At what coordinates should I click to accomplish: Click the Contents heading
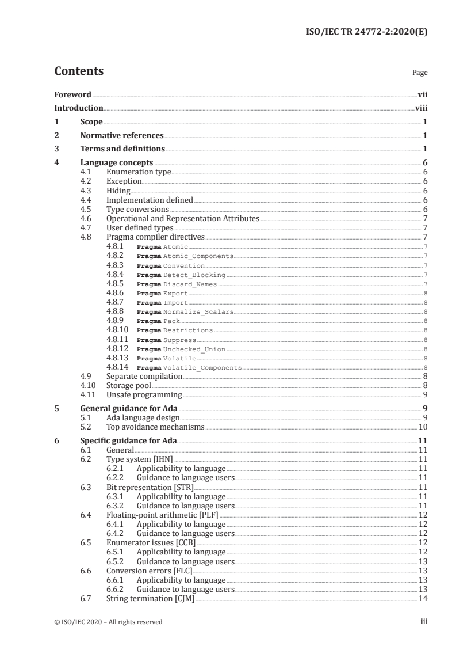point(79,71)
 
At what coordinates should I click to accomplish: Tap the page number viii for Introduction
point(421,108)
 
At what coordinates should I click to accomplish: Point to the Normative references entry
point(122,136)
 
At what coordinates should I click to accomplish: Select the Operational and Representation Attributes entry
point(183,218)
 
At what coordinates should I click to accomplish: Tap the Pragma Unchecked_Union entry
point(181,349)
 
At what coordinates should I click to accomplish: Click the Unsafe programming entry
point(144,395)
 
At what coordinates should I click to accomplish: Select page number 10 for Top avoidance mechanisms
point(423,427)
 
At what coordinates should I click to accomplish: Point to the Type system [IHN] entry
point(140,459)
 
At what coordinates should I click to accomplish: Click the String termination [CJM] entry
point(151,599)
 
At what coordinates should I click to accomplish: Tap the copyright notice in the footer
point(109,622)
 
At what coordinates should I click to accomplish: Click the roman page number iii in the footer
point(424,622)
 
